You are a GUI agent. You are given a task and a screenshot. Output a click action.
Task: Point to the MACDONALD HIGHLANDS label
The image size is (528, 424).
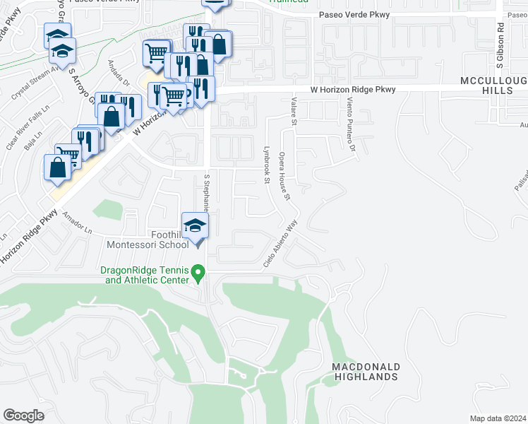[x=366, y=372]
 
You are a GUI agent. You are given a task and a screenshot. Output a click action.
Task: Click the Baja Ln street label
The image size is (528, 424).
[x=30, y=146]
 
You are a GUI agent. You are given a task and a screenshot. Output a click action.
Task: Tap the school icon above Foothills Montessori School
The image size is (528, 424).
[x=196, y=226]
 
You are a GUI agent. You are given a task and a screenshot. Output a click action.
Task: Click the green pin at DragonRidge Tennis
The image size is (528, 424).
[x=199, y=272]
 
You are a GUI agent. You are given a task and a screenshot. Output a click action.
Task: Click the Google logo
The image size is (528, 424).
[x=24, y=416]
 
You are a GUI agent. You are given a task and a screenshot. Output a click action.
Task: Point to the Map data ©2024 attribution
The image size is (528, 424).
[x=498, y=418]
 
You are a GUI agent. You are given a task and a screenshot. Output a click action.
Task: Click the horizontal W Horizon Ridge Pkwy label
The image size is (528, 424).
[x=353, y=90]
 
